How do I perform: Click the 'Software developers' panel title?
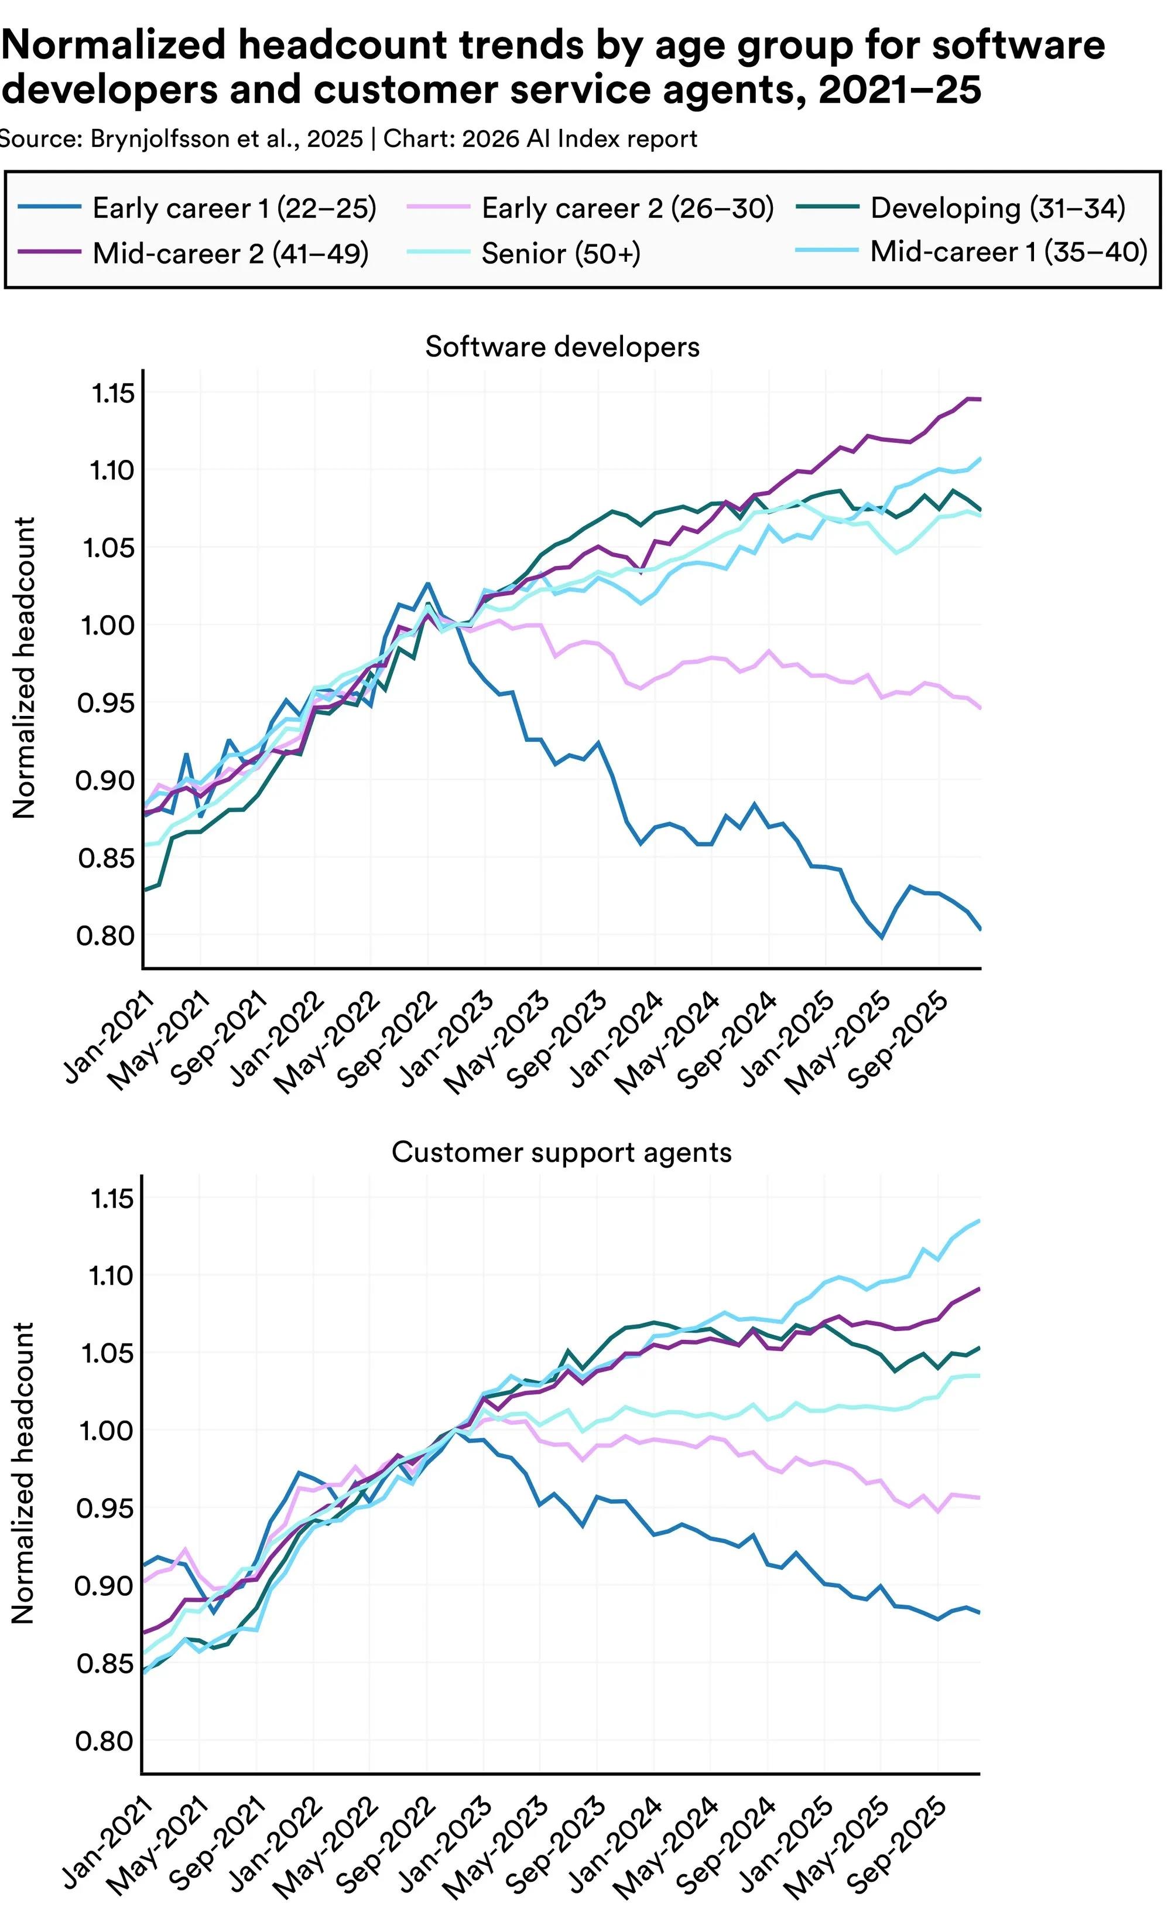click(562, 346)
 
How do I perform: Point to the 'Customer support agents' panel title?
click(561, 1152)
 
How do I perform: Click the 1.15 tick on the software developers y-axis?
click(114, 394)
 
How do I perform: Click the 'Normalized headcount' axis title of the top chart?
click(25, 668)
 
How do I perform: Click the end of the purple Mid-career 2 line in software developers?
click(981, 400)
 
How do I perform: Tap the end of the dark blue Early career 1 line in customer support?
click(980, 1613)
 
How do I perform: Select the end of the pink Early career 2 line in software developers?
click(981, 708)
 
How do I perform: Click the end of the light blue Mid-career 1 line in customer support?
click(980, 1220)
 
